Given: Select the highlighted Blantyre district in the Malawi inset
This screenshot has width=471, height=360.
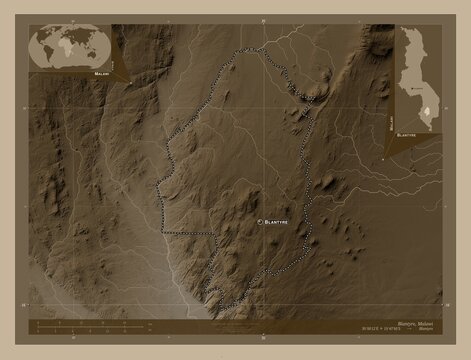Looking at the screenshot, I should pos(427,111).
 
